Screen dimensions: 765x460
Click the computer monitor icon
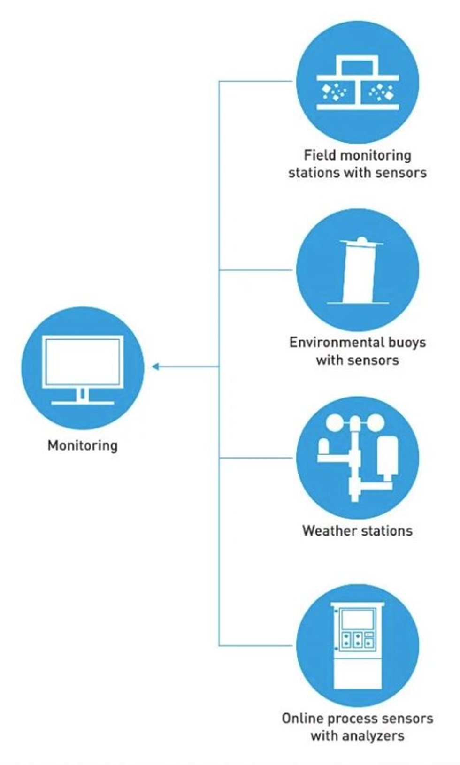(x=83, y=368)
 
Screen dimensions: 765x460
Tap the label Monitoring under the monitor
(x=83, y=445)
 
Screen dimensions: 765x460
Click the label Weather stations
(x=358, y=531)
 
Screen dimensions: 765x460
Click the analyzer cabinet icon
(x=358, y=646)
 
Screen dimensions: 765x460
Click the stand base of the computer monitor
(x=83, y=402)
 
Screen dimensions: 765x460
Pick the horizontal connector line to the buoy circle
(x=256, y=270)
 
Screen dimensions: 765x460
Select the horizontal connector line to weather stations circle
(x=256, y=458)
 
